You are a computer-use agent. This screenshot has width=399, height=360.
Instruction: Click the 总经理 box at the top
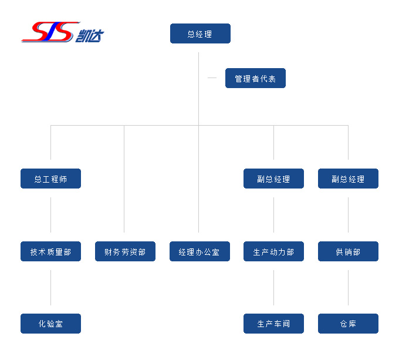(200, 33)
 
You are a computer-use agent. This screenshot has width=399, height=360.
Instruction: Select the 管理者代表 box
(255, 78)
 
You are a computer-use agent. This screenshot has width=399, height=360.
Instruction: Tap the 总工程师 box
(50, 179)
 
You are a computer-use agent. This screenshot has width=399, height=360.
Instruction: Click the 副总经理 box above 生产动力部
(273, 179)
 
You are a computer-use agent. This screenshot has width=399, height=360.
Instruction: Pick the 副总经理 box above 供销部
(348, 179)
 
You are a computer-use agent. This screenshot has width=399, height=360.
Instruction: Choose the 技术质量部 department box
(50, 251)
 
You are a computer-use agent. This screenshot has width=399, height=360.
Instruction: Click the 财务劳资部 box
(125, 251)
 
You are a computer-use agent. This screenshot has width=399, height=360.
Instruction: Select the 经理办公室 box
(199, 251)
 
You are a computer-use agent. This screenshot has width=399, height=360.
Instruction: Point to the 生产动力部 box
(273, 251)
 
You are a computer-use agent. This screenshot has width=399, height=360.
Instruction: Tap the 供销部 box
(348, 251)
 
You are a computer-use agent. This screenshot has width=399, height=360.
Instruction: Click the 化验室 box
(50, 324)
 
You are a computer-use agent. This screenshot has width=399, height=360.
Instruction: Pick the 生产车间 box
(273, 324)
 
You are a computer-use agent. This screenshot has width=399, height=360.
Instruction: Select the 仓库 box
(348, 324)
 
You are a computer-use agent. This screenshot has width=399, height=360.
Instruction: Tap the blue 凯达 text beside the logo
(89, 35)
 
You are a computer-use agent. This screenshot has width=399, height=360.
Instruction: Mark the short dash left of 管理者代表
(212, 78)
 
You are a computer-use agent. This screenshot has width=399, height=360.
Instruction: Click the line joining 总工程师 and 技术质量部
(50, 215)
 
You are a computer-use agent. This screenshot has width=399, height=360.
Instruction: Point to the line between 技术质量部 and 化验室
(50, 288)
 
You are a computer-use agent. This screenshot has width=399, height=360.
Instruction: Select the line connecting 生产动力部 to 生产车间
(273, 288)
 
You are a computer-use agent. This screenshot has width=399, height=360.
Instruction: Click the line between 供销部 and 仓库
(348, 288)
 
